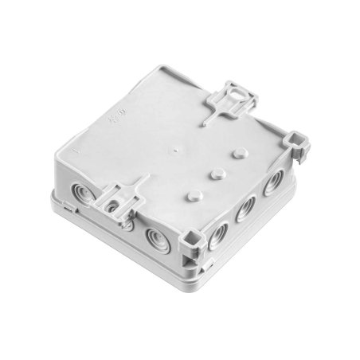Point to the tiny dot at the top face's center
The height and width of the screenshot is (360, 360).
(x=173, y=149)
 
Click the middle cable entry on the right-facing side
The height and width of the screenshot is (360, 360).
(x=245, y=209)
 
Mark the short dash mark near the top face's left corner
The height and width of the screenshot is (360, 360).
(x=74, y=149)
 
